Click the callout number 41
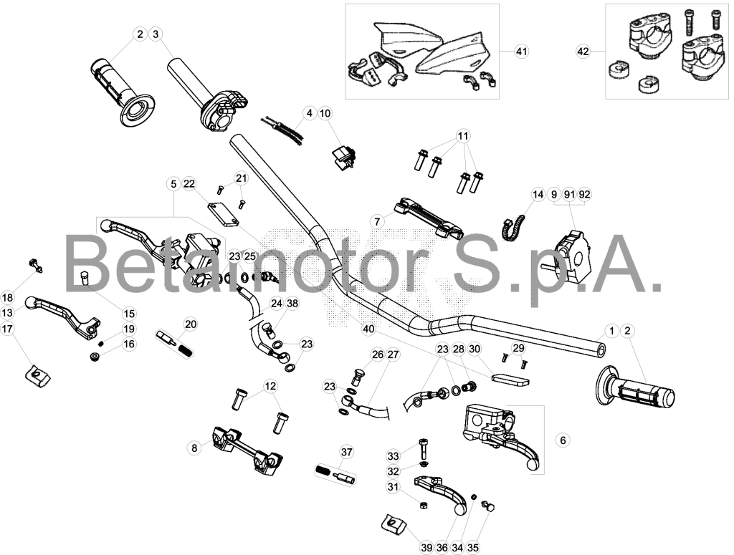(x=521, y=51)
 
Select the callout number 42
(x=583, y=51)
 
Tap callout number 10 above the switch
(x=325, y=113)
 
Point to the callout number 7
(x=377, y=221)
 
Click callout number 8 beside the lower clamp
(x=194, y=448)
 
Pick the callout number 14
(x=538, y=194)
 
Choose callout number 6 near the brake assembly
(x=563, y=440)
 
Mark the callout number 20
(x=191, y=324)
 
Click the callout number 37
(x=346, y=452)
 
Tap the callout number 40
(x=369, y=329)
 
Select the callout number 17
(x=7, y=329)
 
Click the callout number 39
(x=426, y=548)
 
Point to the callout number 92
(x=585, y=194)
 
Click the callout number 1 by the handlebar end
(x=612, y=331)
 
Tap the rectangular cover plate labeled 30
(x=510, y=379)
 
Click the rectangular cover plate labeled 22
(x=224, y=214)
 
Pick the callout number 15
(x=129, y=314)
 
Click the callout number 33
(x=394, y=456)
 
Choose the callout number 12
(x=270, y=386)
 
